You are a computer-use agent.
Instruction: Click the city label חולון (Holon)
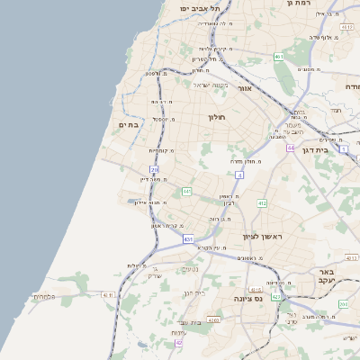coord(216,117)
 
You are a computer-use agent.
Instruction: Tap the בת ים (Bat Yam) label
coord(130,125)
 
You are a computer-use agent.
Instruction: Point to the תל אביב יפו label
coord(198,8)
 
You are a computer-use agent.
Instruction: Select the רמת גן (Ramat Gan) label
coord(298,4)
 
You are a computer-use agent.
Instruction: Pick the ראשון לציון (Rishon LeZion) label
coord(262,237)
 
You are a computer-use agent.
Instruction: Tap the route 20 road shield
coord(155,169)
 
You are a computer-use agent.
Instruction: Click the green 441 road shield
coord(187,191)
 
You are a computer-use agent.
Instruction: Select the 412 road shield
coord(262,203)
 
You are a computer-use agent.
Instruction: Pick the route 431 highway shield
coord(188,239)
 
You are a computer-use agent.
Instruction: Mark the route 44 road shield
coord(290,147)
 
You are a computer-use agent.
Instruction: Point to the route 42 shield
coord(179,343)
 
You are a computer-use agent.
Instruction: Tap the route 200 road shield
coord(343,304)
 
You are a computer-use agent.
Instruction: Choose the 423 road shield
coord(276,296)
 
